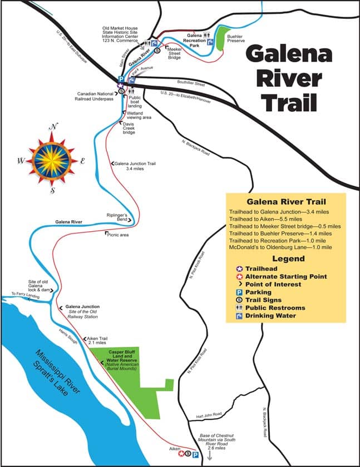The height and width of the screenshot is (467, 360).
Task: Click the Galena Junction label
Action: click(82, 306)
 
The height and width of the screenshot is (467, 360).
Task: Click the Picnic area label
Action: click(117, 235)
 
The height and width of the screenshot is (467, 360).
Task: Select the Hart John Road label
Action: click(209, 414)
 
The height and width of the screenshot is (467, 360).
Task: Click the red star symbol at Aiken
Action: click(181, 454)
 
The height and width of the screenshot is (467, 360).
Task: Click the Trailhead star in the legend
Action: click(232, 269)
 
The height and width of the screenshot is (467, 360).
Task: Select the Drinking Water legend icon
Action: click(232, 316)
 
